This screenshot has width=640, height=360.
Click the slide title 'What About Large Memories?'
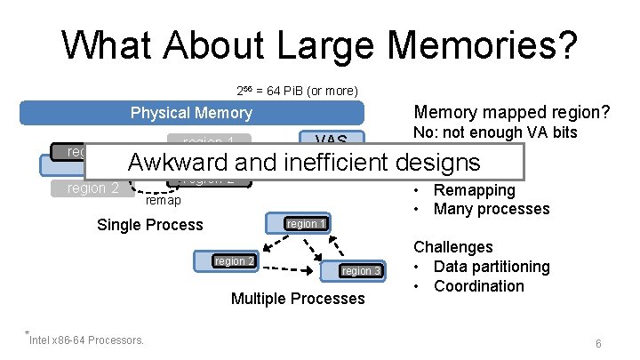319,44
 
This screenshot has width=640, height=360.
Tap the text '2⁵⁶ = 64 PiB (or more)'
297,91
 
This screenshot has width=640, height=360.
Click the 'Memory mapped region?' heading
511,113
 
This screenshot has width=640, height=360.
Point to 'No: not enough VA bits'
496,132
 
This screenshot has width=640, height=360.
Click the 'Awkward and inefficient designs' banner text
304,163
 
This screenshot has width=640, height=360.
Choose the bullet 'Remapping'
474,190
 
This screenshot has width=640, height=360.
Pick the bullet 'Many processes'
492,210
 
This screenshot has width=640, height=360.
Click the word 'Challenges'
453,247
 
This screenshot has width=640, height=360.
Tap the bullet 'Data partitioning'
492,267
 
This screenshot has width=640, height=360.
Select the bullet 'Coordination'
478,286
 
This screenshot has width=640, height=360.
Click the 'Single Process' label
149,225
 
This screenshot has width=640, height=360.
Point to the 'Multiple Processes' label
298,299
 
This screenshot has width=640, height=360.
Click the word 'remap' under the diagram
163,202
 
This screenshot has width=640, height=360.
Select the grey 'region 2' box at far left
93,188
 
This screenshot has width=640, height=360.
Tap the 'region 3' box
361,270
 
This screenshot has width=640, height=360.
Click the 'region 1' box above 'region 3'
305,224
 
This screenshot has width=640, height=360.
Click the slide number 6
599,343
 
